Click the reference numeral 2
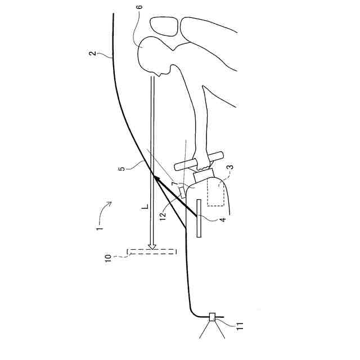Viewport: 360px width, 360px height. click(x=93, y=55)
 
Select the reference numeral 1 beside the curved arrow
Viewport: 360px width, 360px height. click(x=99, y=229)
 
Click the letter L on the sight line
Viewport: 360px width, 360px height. click(x=145, y=208)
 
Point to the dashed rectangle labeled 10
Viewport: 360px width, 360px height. click(x=151, y=251)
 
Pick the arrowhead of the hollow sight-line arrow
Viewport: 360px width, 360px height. click(x=152, y=245)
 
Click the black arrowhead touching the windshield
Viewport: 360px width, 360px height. click(x=157, y=179)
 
